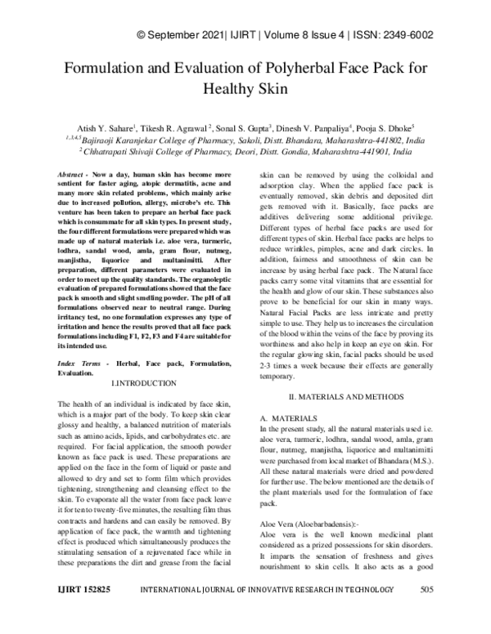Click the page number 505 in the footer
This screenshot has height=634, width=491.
tap(426, 612)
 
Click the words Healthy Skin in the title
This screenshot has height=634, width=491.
tap(245, 87)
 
